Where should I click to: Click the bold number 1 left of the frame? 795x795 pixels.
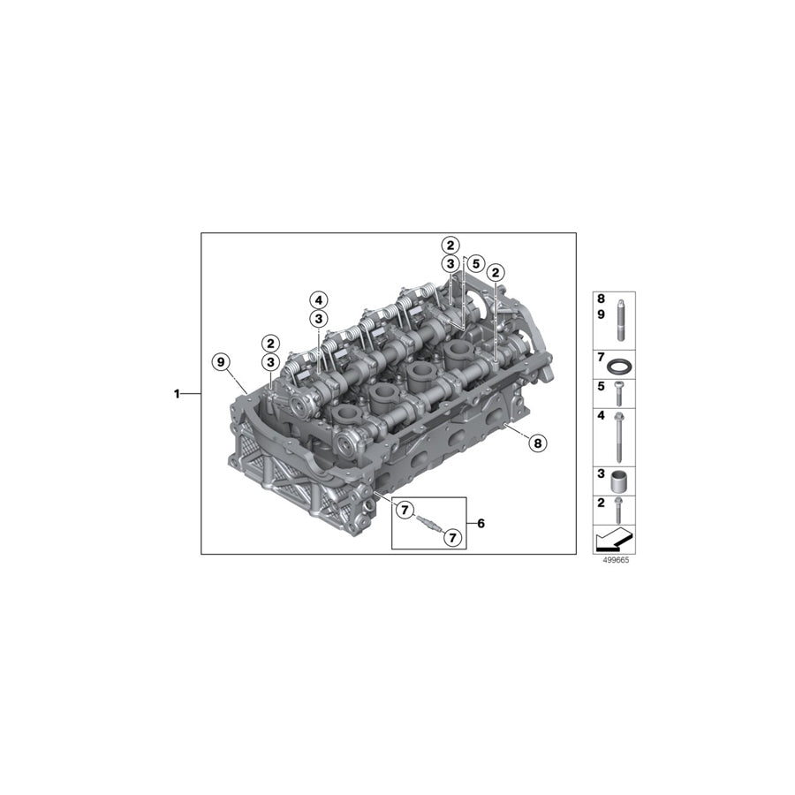pos(177,394)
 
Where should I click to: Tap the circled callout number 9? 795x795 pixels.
pos(221,360)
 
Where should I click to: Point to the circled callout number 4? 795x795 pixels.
pos(318,299)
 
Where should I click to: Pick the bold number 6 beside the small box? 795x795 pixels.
pos(481,523)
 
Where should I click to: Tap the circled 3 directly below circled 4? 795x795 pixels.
pos(318,319)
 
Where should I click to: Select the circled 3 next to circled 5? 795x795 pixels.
pos(450,264)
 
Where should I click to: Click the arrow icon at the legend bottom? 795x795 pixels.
pos(614,539)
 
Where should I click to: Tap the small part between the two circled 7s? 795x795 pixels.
pos(427,522)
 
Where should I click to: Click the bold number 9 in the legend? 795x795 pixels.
pos(601,314)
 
